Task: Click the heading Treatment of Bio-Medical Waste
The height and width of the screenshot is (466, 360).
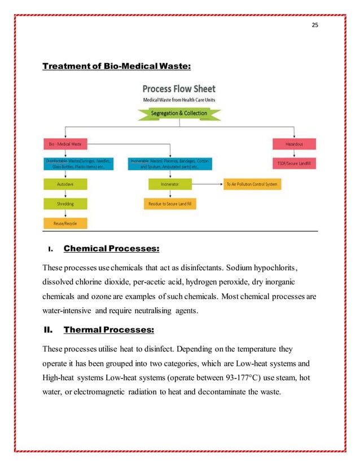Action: tap(117, 67)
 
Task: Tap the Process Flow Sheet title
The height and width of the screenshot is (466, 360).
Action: tap(179, 89)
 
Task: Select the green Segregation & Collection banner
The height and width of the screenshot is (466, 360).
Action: tap(179, 113)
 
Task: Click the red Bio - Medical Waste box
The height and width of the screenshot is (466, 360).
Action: tap(65, 144)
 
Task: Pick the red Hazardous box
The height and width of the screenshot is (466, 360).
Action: tap(294, 144)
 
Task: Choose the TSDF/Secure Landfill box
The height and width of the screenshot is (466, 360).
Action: tap(294, 164)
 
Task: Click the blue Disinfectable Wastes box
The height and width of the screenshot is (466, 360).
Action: tap(79, 164)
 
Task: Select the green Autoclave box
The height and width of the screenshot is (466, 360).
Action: tap(65, 184)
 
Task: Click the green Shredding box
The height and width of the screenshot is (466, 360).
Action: tap(65, 203)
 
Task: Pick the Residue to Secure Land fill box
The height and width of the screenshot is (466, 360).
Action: tap(170, 204)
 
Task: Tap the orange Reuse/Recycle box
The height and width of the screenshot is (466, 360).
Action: tap(65, 223)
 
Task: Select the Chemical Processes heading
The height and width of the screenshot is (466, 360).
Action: tap(111, 248)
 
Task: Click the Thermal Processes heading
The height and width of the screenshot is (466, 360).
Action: tap(109, 329)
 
